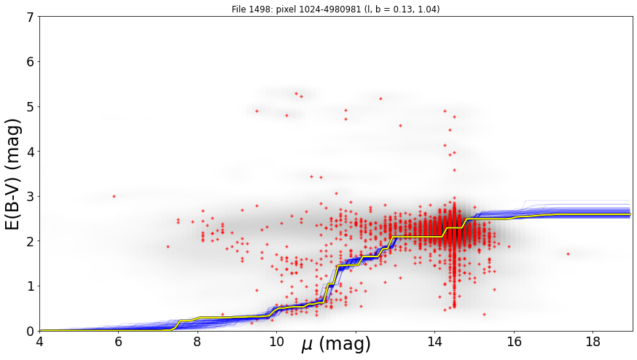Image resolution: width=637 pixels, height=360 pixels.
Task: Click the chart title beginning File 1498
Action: click(x=335, y=9)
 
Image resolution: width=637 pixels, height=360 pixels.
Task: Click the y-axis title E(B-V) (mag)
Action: click(x=13, y=174)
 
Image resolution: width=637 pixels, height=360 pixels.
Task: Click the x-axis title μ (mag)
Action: click(x=336, y=345)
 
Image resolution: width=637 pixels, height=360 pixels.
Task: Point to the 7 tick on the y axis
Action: click(x=30, y=17)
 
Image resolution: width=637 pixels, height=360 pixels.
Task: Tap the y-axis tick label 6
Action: click(x=30, y=62)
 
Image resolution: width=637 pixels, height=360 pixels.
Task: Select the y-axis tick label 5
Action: click(x=30, y=107)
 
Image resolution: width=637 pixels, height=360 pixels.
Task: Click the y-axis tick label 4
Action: click(x=30, y=152)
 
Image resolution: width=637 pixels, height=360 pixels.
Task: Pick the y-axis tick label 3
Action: click(x=30, y=197)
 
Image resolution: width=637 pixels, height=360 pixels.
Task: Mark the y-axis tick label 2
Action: click(x=30, y=241)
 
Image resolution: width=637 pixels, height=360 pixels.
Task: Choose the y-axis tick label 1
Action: click(x=30, y=286)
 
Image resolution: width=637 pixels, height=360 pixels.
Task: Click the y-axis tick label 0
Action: click(x=30, y=331)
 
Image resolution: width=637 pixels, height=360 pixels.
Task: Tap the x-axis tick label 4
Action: click(x=39, y=342)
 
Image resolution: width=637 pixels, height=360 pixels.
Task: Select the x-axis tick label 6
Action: click(x=118, y=342)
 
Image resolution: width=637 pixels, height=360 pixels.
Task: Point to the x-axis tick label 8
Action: click(x=198, y=342)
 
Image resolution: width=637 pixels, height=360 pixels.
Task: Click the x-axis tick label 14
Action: click(x=434, y=342)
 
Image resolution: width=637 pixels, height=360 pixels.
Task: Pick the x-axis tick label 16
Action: click(x=514, y=342)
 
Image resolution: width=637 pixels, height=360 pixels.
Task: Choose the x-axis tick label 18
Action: click(x=593, y=342)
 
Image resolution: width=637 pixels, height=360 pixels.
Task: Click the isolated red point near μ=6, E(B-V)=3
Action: click(x=114, y=196)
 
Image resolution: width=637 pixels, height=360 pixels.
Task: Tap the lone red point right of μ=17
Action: click(x=568, y=254)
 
